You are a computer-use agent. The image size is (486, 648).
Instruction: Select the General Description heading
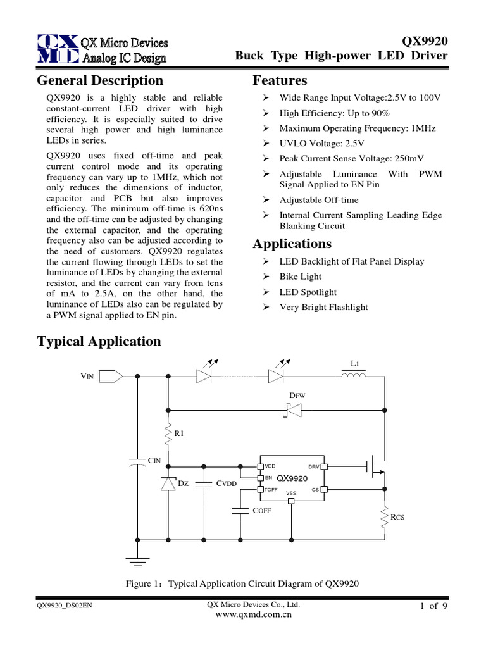point(100,80)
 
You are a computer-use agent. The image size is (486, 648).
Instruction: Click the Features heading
point(280,80)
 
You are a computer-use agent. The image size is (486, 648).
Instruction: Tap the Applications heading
point(292,244)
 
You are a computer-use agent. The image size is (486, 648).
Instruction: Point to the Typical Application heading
point(99,341)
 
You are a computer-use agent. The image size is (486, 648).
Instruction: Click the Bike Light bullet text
point(301,277)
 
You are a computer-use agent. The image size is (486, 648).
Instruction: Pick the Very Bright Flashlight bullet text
point(323,307)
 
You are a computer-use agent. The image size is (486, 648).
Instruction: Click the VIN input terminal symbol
point(112,376)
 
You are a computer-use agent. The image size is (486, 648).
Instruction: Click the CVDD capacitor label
point(226,483)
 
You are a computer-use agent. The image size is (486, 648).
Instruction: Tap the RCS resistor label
point(397,517)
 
